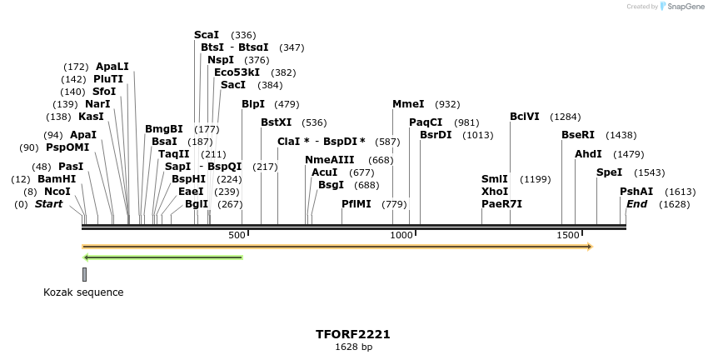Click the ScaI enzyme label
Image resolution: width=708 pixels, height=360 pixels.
(x=207, y=35)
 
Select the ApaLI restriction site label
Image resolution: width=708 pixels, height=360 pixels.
(x=112, y=67)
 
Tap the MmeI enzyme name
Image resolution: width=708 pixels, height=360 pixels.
(x=408, y=104)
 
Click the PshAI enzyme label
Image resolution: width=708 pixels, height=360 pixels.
(x=636, y=192)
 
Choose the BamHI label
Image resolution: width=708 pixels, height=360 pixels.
(x=57, y=179)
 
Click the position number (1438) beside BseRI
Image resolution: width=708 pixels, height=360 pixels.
(x=621, y=135)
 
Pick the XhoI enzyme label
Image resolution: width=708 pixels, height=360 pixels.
(x=495, y=192)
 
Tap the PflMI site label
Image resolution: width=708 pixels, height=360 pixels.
(x=356, y=204)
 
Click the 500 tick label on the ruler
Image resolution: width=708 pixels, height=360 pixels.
(x=237, y=236)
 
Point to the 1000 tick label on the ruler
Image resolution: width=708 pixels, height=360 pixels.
(x=402, y=236)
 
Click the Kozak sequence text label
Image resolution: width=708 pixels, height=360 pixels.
(x=83, y=292)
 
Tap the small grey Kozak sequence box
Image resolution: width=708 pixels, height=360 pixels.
(x=84, y=274)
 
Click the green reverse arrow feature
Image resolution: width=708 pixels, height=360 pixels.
(x=163, y=257)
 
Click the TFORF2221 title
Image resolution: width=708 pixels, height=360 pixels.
(x=353, y=334)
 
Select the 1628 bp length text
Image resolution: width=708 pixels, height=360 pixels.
(x=353, y=347)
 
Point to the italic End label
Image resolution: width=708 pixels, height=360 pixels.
(x=636, y=204)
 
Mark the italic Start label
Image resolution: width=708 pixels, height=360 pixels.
(x=48, y=204)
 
